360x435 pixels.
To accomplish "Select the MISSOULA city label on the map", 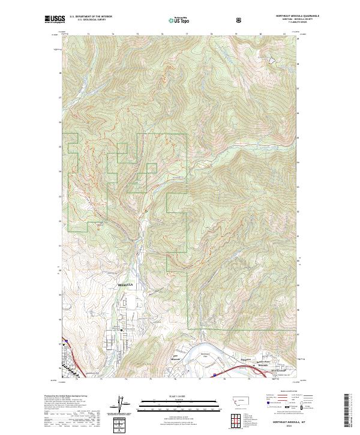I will point(124,284).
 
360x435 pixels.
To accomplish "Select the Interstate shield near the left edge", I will point(67,341).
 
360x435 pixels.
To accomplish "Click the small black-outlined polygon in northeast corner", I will point(272,61).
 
